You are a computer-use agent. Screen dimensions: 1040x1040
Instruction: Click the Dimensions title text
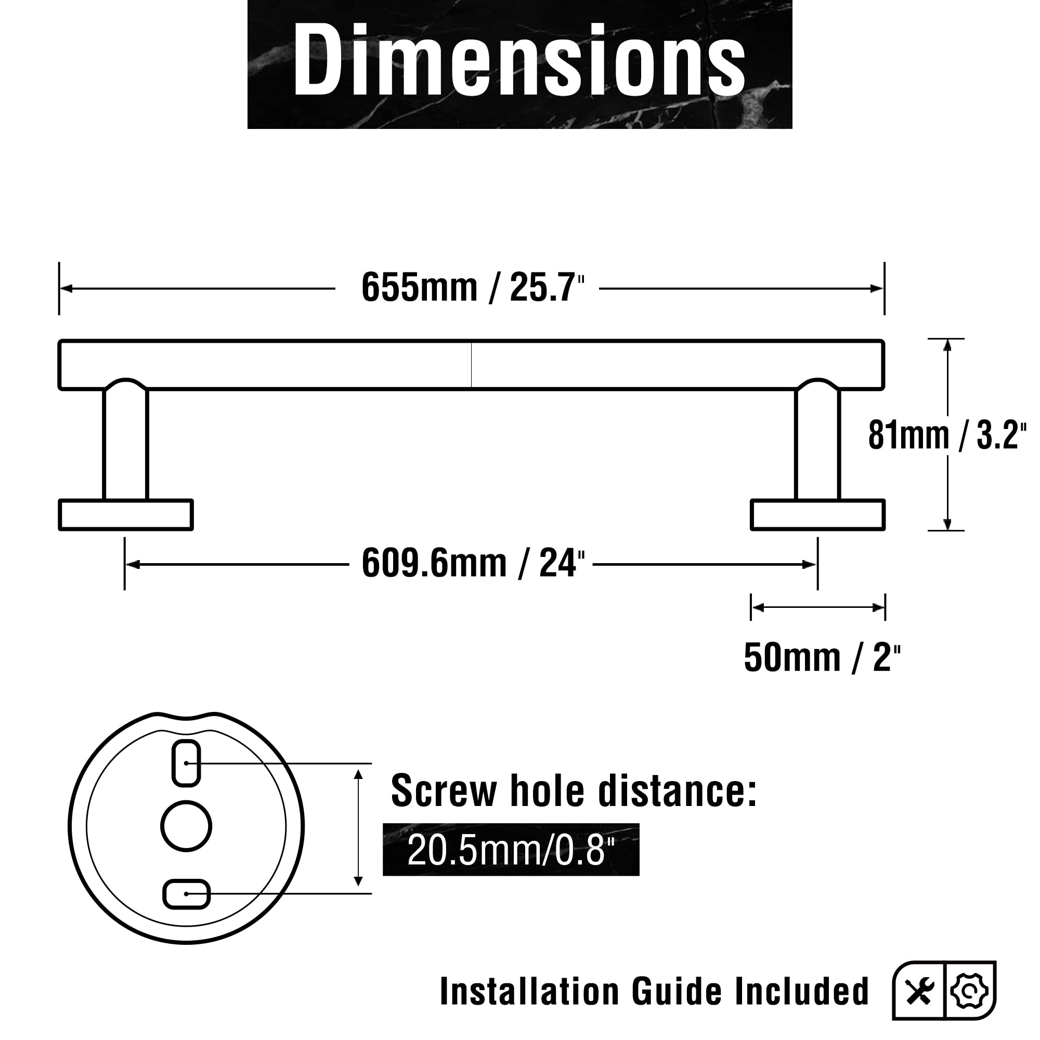pyautogui.click(x=519, y=60)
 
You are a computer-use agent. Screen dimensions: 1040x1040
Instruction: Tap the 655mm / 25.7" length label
pyautogui.click(x=473, y=288)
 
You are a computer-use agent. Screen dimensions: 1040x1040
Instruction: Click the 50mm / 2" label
pyautogui.click(x=822, y=658)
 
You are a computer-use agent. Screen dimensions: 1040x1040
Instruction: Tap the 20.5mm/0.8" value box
pyautogui.click(x=510, y=851)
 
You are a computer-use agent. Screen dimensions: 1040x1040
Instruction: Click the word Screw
pyautogui.click(x=444, y=791)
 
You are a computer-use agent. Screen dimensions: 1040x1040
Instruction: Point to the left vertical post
pyautogui.click(x=125, y=444)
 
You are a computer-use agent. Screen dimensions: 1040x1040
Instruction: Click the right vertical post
pyautogui.click(x=817, y=444)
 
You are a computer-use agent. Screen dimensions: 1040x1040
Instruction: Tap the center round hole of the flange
pyautogui.click(x=186, y=826)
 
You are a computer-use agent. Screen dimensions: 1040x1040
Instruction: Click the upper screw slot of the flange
pyautogui.click(x=186, y=763)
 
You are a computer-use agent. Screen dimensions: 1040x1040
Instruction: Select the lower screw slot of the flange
pyautogui.click(x=186, y=894)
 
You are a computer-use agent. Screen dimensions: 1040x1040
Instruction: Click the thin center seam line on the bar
pyautogui.click(x=472, y=365)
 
